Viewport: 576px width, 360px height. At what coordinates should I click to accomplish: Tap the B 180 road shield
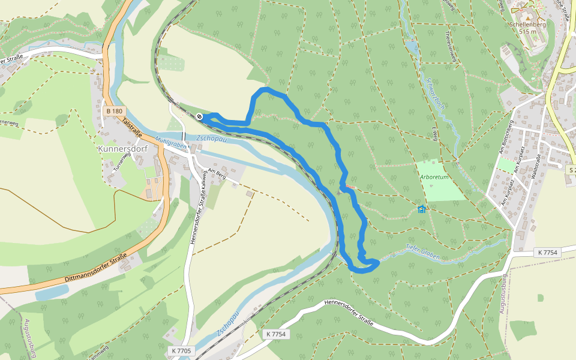(114, 111)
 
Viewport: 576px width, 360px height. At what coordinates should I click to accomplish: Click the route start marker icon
(199, 116)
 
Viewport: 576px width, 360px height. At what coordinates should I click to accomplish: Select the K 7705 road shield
(181, 350)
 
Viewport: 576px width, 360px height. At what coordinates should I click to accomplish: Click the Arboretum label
(434, 177)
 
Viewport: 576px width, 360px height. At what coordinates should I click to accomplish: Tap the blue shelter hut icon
(421, 209)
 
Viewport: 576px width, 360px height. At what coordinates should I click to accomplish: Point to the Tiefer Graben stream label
(422, 253)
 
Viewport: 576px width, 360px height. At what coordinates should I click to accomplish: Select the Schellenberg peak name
(527, 25)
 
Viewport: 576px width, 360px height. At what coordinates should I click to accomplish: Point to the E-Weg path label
(434, 130)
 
